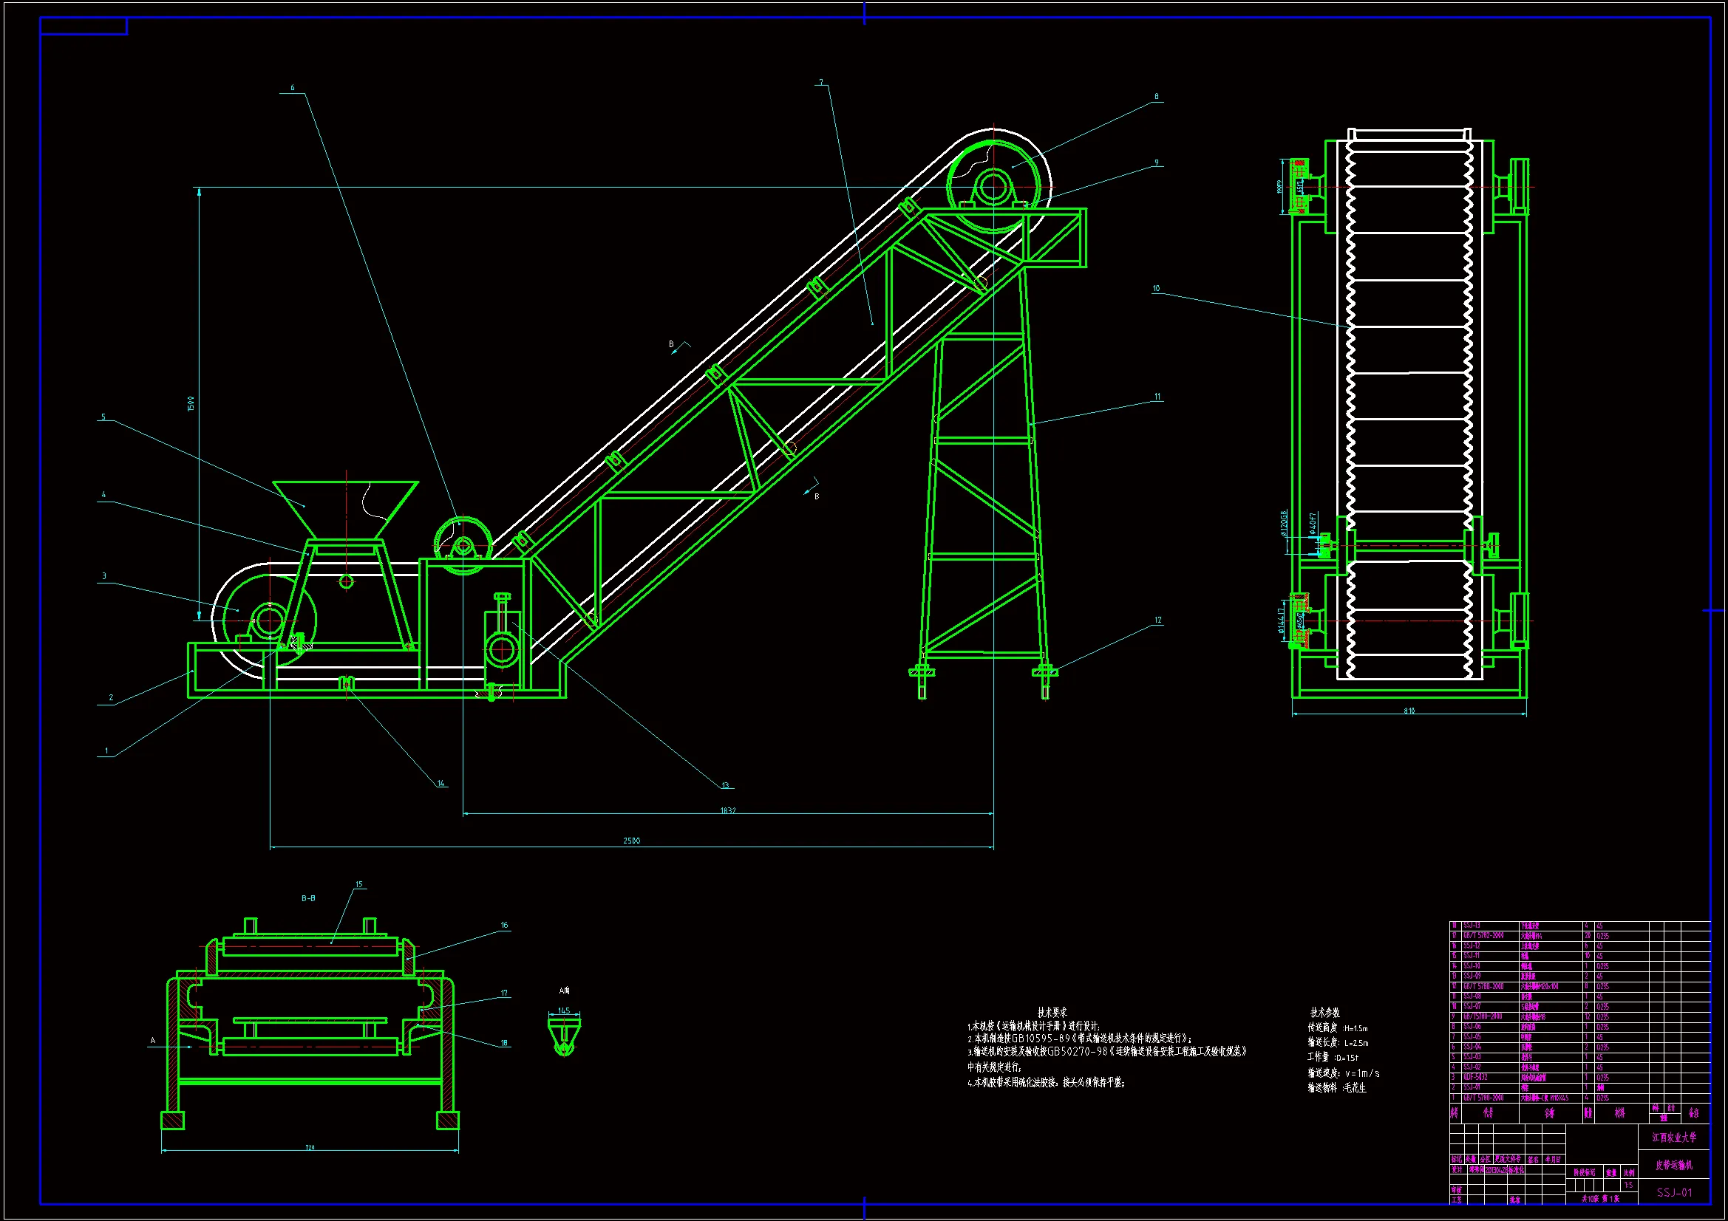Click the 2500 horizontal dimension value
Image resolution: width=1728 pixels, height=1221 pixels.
click(631, 841)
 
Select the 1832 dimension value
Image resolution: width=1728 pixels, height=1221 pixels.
click(728, 810)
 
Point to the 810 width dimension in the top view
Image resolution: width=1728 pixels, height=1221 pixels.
click(1409, 710)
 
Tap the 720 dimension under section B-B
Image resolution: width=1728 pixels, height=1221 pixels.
click(310, 1147)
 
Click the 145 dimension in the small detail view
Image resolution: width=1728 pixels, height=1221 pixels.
click(564, 1011)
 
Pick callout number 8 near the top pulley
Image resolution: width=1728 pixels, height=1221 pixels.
click(1156, 97)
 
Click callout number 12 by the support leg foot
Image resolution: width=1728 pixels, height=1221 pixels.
click(1157, 620)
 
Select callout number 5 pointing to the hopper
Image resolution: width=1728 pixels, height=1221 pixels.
click(103, 417)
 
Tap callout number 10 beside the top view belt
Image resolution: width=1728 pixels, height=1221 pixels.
click(1156, 288)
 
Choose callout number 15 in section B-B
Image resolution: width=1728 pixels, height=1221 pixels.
click(359, 885)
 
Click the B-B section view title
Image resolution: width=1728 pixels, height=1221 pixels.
click(309, 898)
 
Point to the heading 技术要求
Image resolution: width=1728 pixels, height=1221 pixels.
click(1052, 1013)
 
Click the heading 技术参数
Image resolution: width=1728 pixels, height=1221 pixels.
click(1324, 1013)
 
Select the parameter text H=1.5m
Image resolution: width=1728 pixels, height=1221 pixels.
click(1355, 1028)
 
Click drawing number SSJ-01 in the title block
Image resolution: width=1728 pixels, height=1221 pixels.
click(1674, 1192)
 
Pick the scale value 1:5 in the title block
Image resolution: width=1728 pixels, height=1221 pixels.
click(1628, 1185)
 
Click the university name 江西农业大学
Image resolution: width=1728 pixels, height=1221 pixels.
click(1674, 1138)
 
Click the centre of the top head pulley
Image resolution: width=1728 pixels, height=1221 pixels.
click(993, 186)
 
